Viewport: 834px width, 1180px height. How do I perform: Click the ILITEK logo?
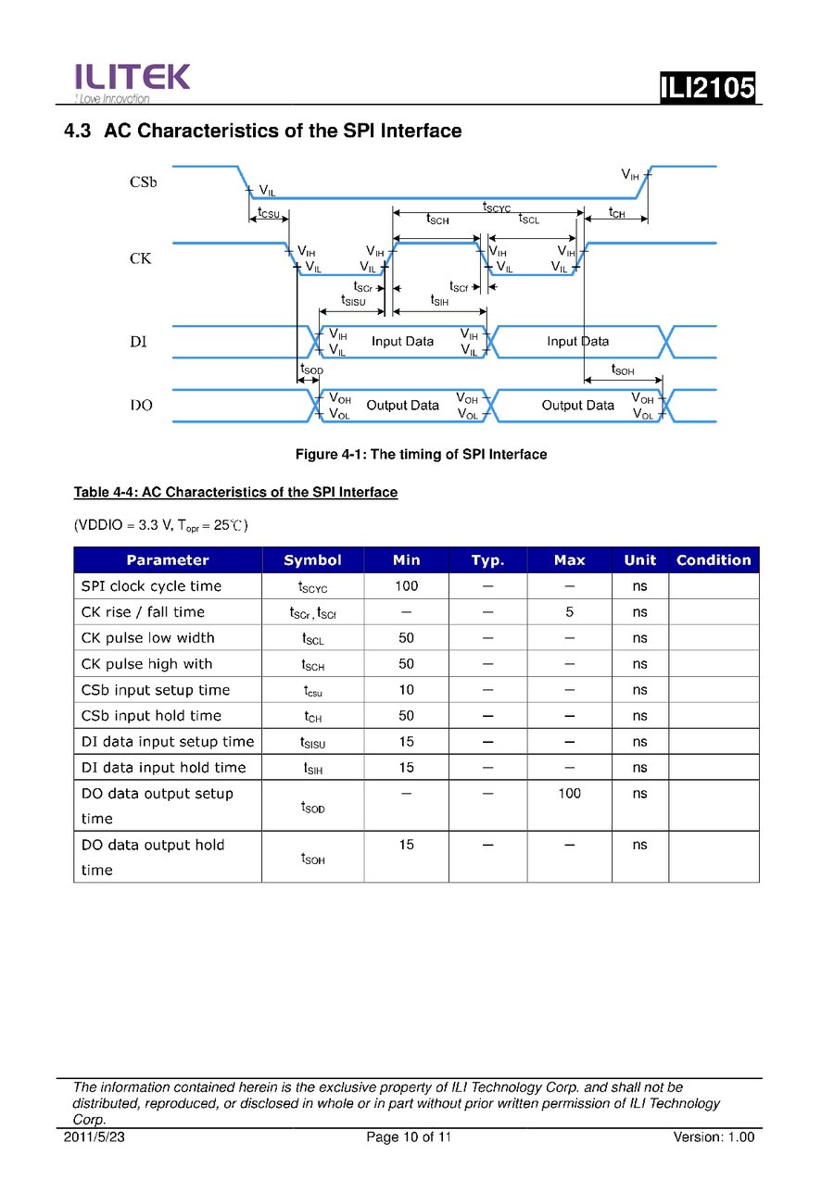tap(132, 81)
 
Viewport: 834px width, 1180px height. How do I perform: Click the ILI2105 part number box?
tap(708, 89)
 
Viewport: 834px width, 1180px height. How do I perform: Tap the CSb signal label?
tap(143, 182)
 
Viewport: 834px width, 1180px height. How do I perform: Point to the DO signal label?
tap(141, 406)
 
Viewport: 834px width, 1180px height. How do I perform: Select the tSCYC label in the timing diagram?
tap(497, 207)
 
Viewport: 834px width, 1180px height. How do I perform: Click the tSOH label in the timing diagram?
tap(623, 370)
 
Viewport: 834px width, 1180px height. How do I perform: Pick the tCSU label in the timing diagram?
tap(269, 214)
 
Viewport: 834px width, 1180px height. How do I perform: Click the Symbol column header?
tap(312, 560)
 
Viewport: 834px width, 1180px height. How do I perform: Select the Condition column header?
tap(714, 560)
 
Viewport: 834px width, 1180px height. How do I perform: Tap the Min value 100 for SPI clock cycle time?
tap(406, 586)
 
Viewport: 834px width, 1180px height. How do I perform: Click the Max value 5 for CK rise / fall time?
tap(569, 612)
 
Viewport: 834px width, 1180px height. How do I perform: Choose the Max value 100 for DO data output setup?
tap(569, 794)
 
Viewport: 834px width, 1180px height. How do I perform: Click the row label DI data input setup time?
tap(167, 742)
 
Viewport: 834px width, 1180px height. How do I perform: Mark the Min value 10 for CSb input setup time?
tap(406, 690)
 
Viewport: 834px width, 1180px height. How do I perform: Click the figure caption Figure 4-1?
tap(421, 455)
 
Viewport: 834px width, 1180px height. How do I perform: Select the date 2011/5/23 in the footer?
tap(94, 1137)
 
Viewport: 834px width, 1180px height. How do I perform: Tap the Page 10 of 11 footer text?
tap(409, 1137)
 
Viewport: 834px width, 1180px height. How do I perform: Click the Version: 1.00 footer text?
tap(714, 1137)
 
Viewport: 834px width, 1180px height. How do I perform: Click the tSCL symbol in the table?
tap(312, 639)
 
